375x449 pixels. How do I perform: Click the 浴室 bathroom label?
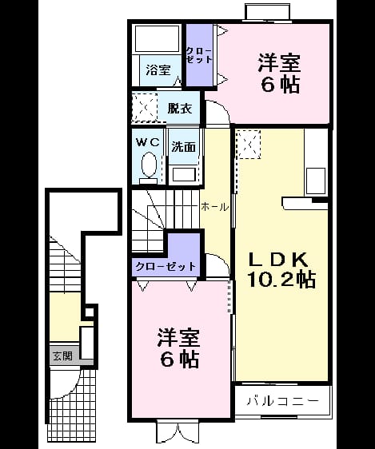click(x=158, y=70)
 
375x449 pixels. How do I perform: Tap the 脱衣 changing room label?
click(x=179, y=108)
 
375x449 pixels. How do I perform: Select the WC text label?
click(x=148, y=142)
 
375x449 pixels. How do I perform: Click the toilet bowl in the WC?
click(x=149, y=165)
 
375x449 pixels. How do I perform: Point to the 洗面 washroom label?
click(x=184, y=147)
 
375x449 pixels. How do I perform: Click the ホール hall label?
click(x=214, y=207)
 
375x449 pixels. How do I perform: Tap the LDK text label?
click(x=278, y=260)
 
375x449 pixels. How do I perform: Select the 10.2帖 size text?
click(x=281, y=280)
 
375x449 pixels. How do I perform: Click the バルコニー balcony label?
click(x=282, y=401)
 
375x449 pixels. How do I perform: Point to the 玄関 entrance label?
click(x=62, y=356)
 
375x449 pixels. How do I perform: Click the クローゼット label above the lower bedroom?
click(x=166, y=267)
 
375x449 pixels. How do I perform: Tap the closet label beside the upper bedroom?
click(x=199, y=55)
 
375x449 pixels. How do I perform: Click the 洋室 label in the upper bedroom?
click(x=279, y=63)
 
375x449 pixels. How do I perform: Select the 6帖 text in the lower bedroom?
click(x=180, y=360)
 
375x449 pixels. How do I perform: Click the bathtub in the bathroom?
click(x=157, y=39)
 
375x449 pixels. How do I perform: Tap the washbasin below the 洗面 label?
click(x=184, y=174)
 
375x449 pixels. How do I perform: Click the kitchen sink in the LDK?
click(x=316, y=181)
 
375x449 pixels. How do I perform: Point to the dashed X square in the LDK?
click(x=249, y=145)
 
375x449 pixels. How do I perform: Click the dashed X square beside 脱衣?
click(x=145, y=108)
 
